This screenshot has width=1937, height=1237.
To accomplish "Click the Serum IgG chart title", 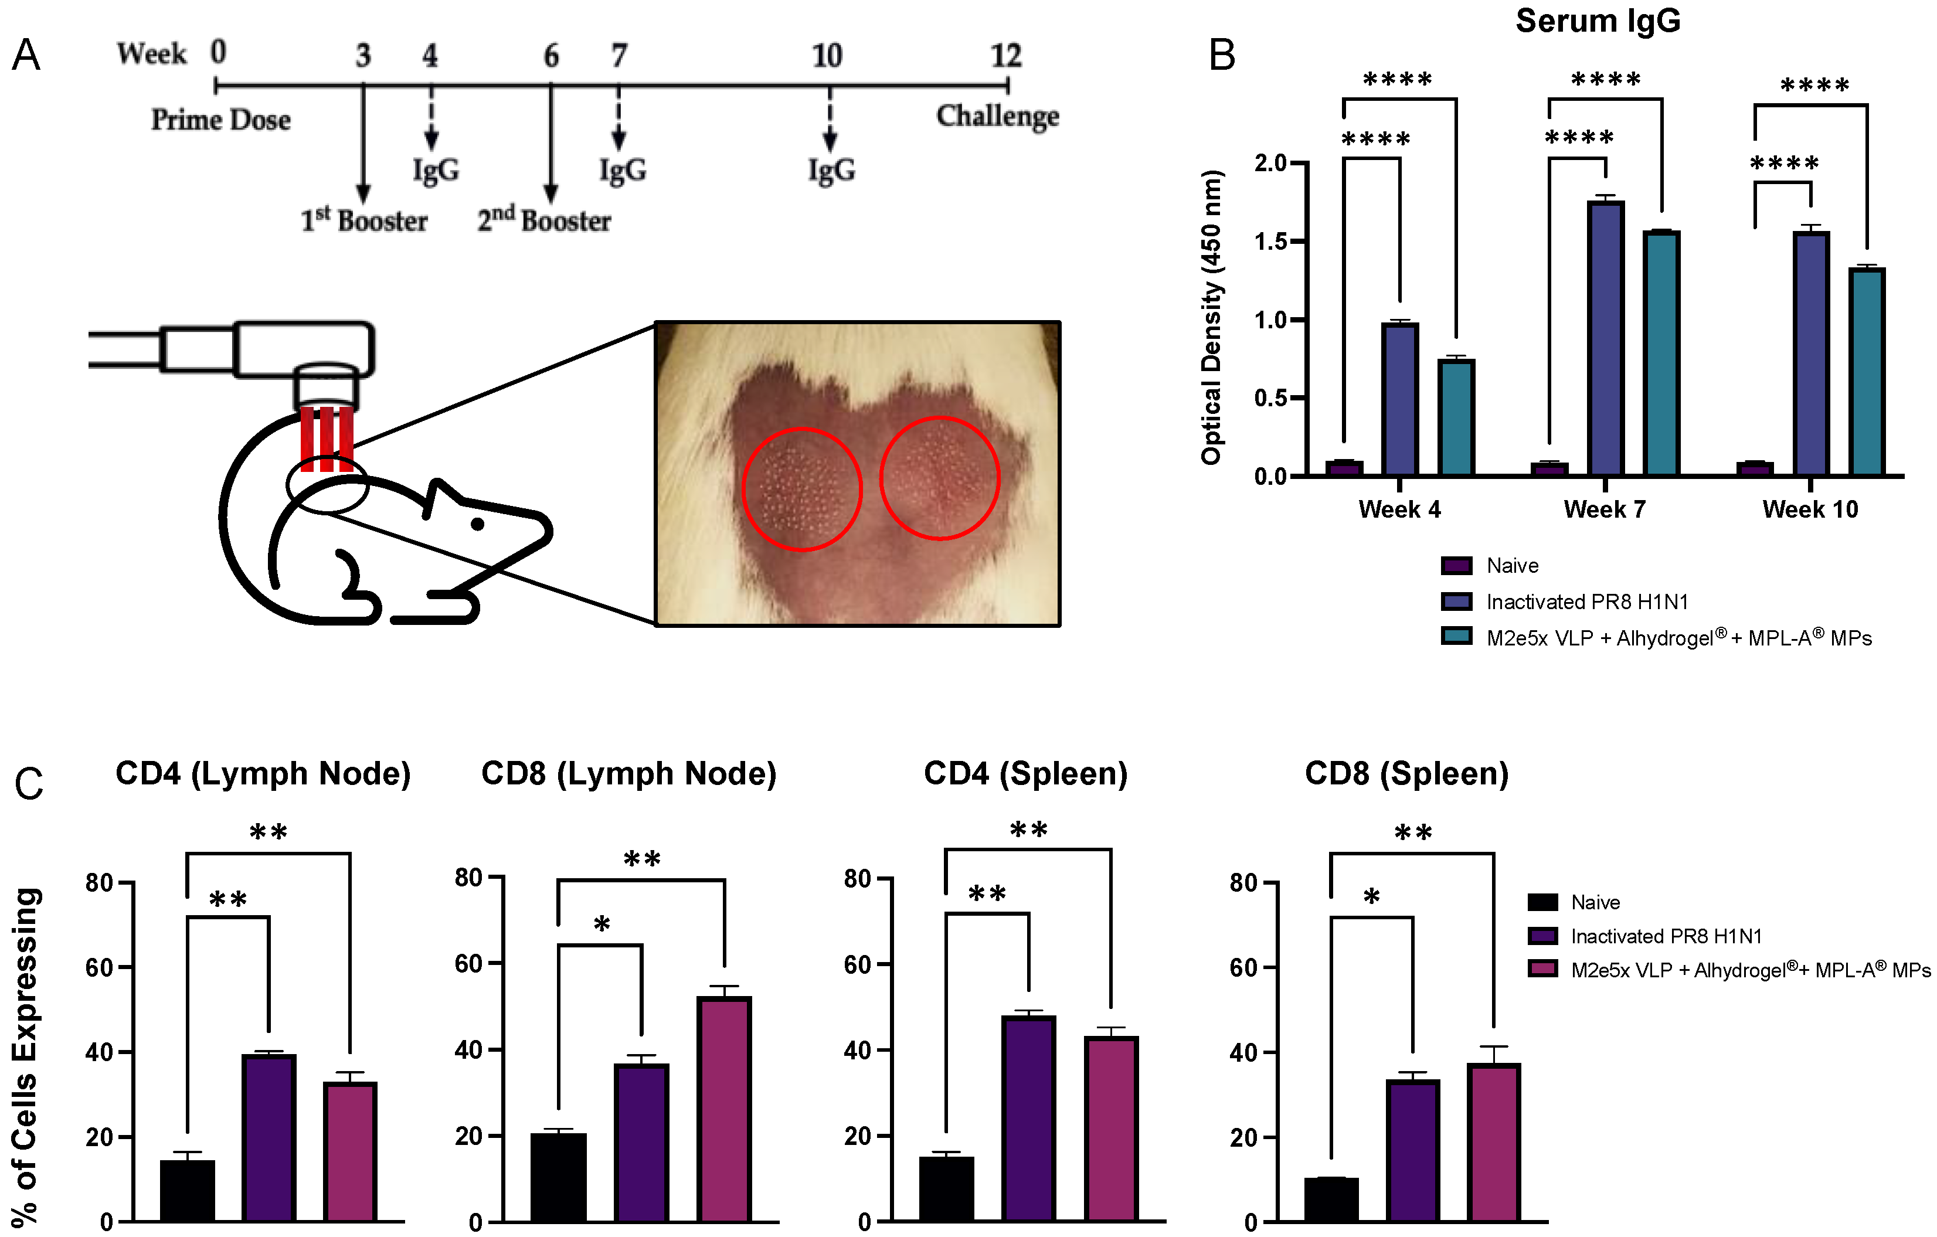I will tap(1598, 21).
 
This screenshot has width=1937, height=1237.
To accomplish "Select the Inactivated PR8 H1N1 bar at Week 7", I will tap(1606, 338).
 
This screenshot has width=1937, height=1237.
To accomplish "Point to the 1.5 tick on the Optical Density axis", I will tap(1271, 242).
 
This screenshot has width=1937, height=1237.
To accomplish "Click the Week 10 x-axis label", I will tap(1810, 509).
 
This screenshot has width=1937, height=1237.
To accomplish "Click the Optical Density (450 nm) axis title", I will tap(1211, 317).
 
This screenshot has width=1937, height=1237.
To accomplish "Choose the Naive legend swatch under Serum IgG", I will tap(1456, 565).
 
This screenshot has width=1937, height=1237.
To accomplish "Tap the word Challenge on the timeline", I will tap(997, 117).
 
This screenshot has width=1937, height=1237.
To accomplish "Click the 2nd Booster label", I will tap(544, 220).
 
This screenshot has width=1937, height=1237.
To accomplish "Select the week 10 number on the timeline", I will tap(827, 56).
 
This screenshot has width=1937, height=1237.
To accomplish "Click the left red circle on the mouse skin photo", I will tap(801, 489).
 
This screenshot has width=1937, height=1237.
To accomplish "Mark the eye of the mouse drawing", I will tap(477, 524).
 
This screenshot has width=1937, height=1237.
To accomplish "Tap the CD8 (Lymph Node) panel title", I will tap(628, 774).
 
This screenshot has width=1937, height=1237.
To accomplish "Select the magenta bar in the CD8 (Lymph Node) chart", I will tap(725, 1109).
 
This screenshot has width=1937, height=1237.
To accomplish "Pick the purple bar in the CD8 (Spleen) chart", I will tap(1412, 1150).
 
